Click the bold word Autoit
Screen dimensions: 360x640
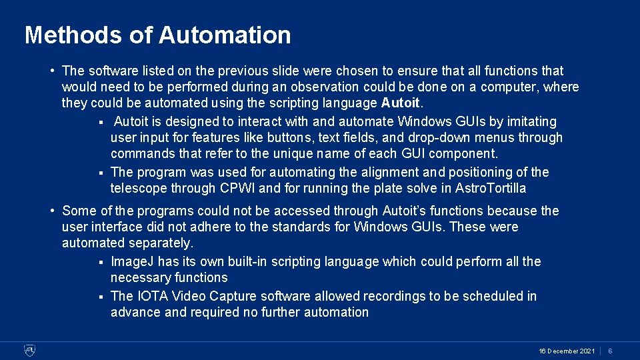coord(401,103)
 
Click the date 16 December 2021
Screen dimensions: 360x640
coord(567,351)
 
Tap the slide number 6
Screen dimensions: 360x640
coord(610,351)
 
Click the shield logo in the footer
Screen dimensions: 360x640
coord(29,350)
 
